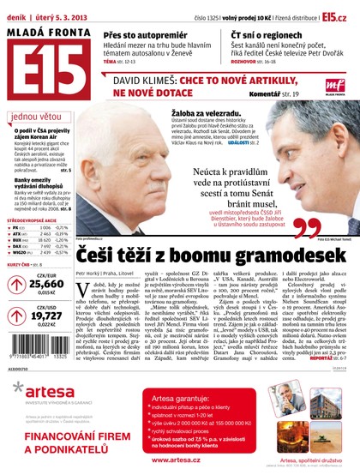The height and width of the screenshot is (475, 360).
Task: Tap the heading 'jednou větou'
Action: [x=34, y=117]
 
